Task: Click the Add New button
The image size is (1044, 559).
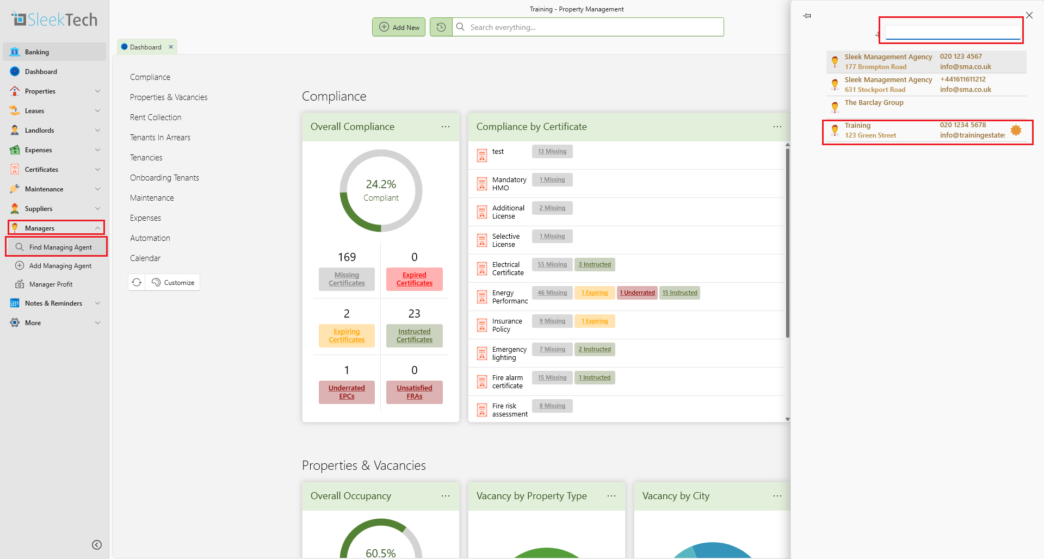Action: (399, 27)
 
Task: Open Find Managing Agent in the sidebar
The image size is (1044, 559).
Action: (60, 247)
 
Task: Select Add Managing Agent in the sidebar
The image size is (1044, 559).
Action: (60, 266)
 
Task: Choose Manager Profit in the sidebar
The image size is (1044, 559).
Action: (51, 284)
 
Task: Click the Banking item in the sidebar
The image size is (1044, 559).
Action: (37, 52)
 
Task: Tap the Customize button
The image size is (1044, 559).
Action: (173, 283)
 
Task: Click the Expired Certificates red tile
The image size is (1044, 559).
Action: (414, 279)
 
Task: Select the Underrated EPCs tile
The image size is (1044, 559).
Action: (347, 392)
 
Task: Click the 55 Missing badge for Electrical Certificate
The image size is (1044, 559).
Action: (552, 265)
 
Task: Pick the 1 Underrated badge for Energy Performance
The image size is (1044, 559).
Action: (637, 293)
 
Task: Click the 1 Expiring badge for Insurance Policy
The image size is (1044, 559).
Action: (595, 321)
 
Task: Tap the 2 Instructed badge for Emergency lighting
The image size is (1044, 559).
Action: (595, 350)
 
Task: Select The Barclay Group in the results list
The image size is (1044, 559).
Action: (874, 103)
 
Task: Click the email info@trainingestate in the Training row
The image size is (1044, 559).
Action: (972, 135)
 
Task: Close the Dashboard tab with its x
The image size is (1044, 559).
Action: (171, 47)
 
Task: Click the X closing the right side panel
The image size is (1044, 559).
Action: (1029, 15)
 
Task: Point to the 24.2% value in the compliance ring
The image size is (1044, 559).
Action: (381, 184)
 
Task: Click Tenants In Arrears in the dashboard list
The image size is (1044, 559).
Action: (160, 138)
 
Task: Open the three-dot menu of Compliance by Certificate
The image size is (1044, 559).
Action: (777, 127)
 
